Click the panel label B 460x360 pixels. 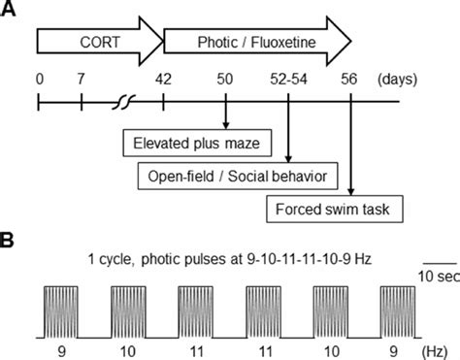(x=8, y=237)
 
